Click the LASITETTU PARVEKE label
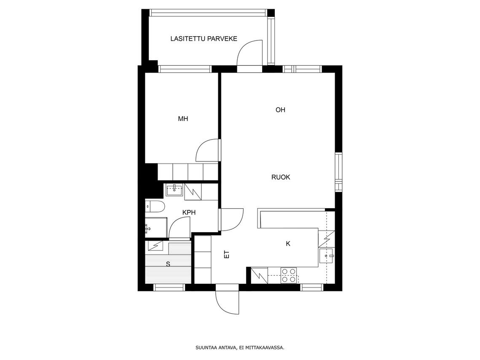click(204, 39)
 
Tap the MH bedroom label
click(183, 119)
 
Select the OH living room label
click(280, 110)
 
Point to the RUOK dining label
click(281, 177)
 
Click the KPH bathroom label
click(189, 212)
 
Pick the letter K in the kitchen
click(288, 244)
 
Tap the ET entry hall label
click(227, 254)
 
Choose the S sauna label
click(168, 264)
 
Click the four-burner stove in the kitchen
click(289, 275)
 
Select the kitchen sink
click(326, 255)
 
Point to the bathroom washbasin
click(174, 190)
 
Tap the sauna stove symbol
click(155, 245)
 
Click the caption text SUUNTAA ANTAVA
click(216, 347)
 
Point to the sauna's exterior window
click(169, 287)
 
